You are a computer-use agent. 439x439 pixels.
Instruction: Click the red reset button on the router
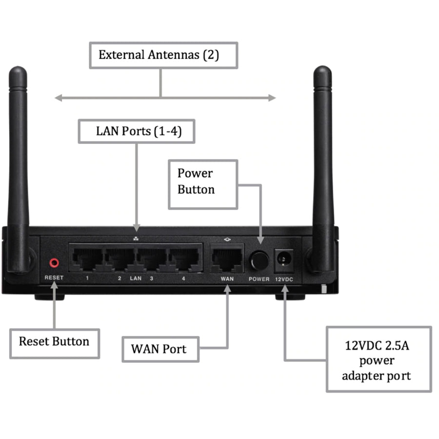coord(54,263)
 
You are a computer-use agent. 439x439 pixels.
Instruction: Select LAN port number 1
coord(87,258)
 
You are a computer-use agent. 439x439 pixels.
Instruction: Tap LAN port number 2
coord(120,258)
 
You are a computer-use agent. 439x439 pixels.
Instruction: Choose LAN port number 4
coord(184,258)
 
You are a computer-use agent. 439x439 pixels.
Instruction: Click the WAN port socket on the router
coord(227,259)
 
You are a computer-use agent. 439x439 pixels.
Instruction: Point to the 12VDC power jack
coord(281,260)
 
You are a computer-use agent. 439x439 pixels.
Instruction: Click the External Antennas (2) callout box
coord(163,55)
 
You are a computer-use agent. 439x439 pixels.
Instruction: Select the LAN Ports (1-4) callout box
coord(136,131)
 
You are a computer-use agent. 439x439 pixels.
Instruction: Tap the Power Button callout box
coord(202,181)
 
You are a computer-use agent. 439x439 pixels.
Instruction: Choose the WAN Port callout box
coord(160,349)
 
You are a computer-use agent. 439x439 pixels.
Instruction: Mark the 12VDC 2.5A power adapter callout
coord(379,360)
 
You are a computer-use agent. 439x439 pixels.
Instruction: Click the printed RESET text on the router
coord(54,278)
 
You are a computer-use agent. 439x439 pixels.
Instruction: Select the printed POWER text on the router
coord(259,279)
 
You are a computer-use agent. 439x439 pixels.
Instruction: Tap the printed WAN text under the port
coord(227,279)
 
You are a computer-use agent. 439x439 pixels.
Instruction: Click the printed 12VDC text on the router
coord(284,279)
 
